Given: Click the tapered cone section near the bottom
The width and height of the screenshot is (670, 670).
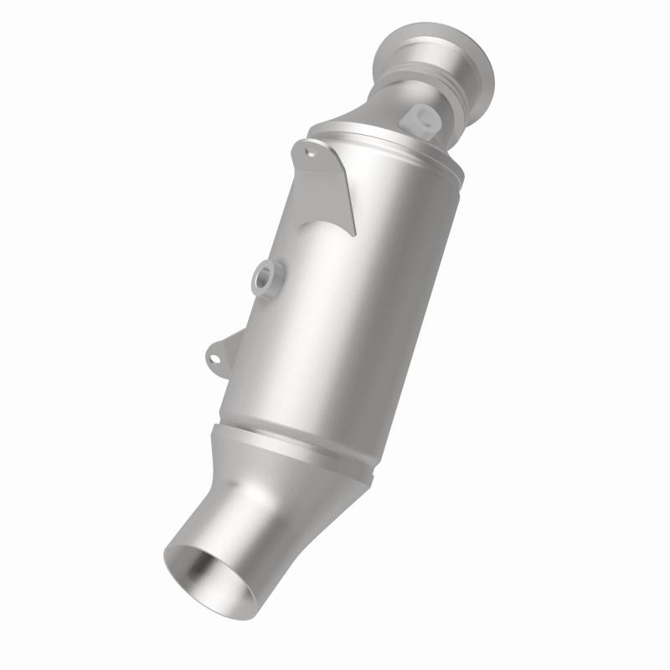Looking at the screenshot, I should coord(276,486).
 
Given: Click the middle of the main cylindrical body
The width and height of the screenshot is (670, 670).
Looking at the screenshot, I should coord(335,310).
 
